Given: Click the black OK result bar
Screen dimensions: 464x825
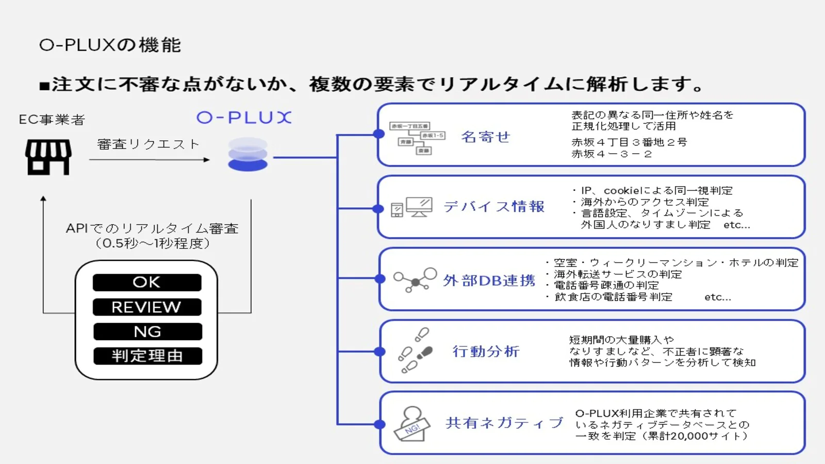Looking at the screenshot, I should click(x=147, y=283).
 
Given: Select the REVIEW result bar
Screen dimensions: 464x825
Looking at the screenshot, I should click(x=147, y=307).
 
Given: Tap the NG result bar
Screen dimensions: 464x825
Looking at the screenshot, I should click(x=147, y=332).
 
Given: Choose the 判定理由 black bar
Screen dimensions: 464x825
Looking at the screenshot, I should click(x=147, y=356).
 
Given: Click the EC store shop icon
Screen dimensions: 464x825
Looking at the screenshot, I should click(x=48, y=157).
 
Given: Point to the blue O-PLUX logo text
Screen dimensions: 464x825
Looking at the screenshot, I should click(x=244, y=118).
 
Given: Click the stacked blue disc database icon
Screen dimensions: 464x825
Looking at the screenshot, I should click(x=247, y=154).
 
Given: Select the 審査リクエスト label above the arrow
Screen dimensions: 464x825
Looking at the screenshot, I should click(x=148, y=144).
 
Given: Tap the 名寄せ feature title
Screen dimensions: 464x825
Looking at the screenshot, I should click(x=485, y=137).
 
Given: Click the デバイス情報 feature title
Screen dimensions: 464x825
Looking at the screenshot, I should click(x=493, y=207).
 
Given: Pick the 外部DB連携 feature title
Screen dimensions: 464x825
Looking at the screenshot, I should click(x=489, y=280).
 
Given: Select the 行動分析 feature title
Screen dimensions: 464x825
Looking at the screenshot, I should click(x=486, y=352).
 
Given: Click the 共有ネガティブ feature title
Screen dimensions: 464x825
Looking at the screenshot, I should click(x=504, y=423).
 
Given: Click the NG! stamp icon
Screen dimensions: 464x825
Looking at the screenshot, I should click(x=412, y=424).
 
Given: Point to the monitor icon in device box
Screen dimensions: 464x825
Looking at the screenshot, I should click(x=419, y=207).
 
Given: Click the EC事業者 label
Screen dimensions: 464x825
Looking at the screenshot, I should click(x=52, y=120).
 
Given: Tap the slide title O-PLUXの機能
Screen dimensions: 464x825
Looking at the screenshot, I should click(x=110, y=45).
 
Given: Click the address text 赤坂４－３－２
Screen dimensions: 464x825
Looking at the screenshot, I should click(x=612, y=154).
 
